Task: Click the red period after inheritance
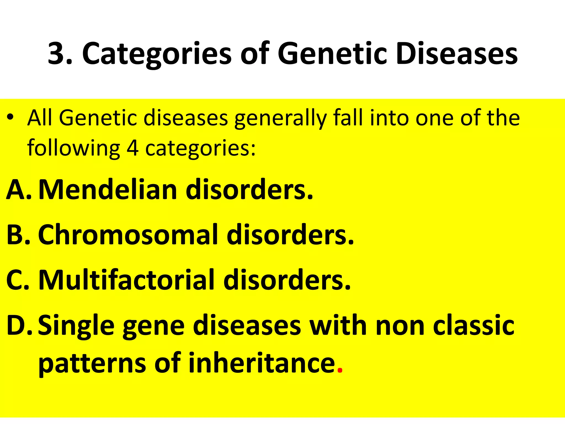(340, 370)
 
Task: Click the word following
(74, 148)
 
